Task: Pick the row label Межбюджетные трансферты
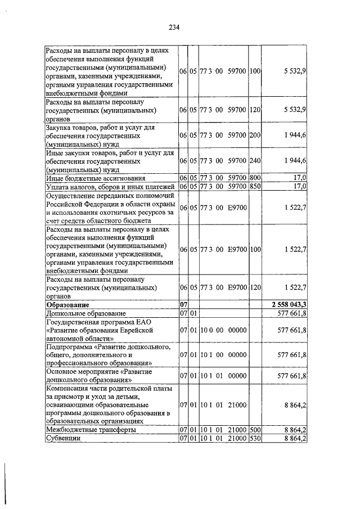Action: coord(91,430)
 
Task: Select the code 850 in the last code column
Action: coord(255,186)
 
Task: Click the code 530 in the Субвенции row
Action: coord(255,439)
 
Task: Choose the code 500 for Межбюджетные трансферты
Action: coord(255,430)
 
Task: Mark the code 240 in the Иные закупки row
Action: coord(255,161)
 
